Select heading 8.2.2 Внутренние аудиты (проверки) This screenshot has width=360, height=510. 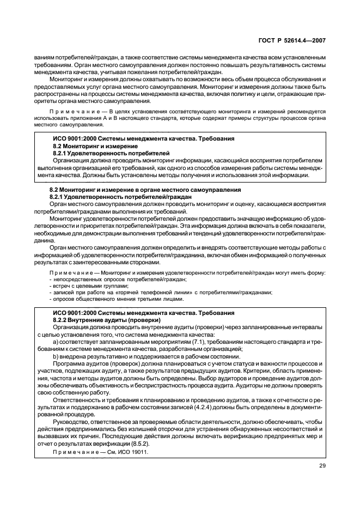[90, 320]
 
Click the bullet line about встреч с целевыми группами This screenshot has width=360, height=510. [90, 286]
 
